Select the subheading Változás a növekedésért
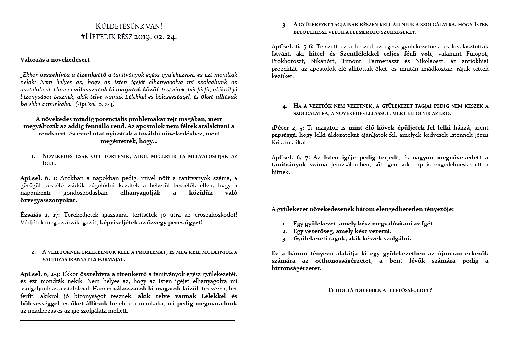55,60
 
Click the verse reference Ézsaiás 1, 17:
41,215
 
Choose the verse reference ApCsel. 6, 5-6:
293,46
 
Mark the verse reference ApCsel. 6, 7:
290,158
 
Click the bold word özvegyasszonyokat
49,200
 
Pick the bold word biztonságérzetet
296,268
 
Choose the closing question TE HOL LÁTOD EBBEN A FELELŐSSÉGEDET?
380,290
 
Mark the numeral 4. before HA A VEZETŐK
285,106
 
